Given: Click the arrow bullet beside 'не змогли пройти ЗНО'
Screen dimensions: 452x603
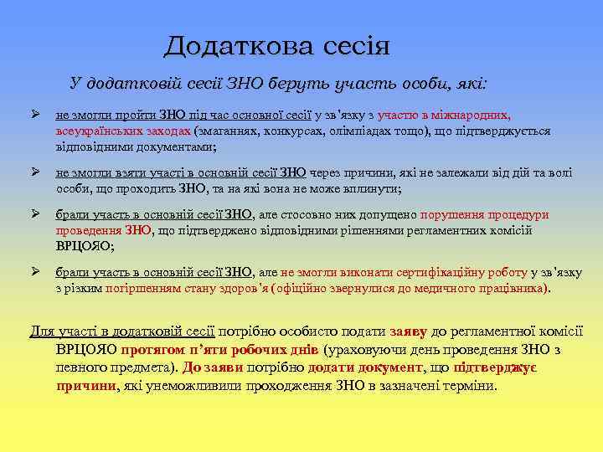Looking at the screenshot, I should coord(35,116).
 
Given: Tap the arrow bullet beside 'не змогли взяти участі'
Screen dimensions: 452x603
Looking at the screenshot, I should coord(35,173).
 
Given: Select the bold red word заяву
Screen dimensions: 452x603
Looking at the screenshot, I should coord(410,332).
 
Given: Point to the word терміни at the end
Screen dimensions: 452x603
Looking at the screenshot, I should coord(471,387).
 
